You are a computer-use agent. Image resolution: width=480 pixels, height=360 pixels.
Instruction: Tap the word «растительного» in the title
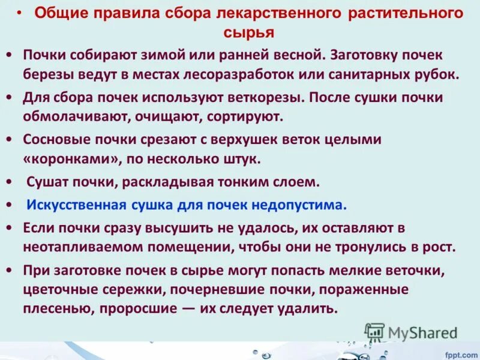pos(407,14)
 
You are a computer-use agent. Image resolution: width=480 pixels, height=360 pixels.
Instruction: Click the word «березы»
pos(50,75)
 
